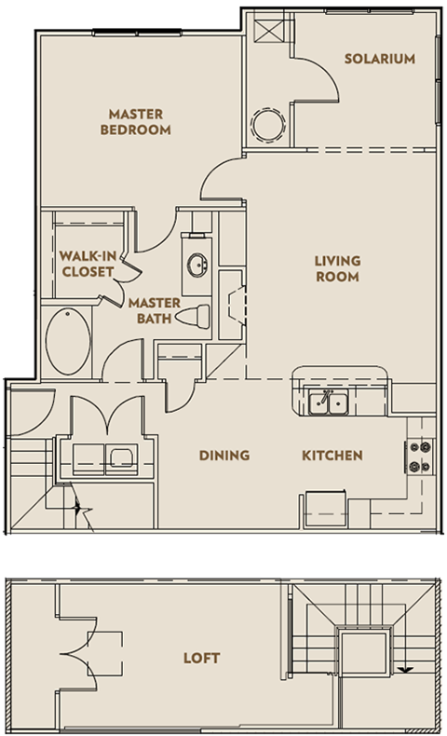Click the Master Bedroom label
point(136,122)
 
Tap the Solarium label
point(380,59)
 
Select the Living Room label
point(337,269)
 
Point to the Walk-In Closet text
point(88,265)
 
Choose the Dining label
point(224,456)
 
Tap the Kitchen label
point(332,456)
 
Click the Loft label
point(202,658)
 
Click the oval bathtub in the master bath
point(68,341)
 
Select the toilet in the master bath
point(194,317)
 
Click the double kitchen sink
point(329,403)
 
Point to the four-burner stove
point(420,457)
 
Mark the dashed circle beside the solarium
point(268,125)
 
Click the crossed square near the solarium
point(269,29)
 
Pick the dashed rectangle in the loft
point(105,653)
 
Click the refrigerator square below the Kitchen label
point(326,510)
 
